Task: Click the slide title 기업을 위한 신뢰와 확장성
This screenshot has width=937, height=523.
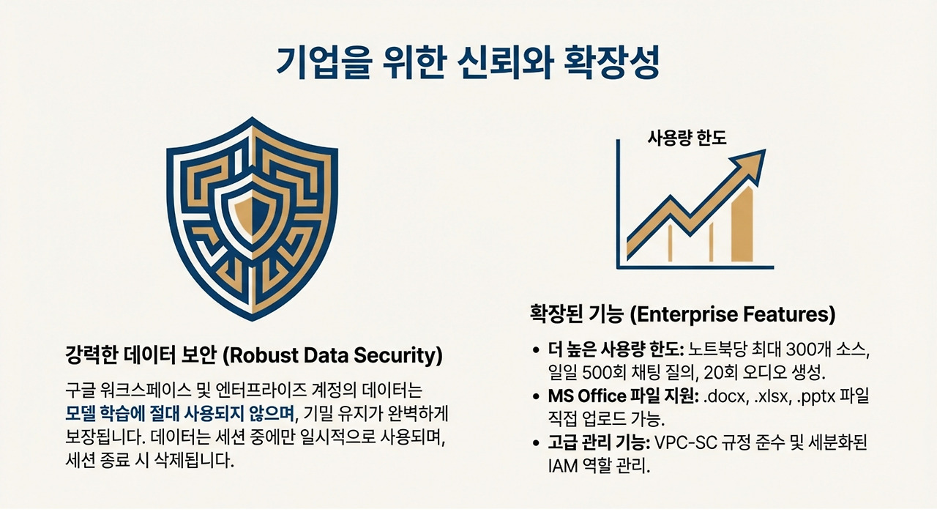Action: pyautogui.click(x=468, y=64)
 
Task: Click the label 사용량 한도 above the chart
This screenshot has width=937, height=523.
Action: pyautogui.click(x=687, y=138)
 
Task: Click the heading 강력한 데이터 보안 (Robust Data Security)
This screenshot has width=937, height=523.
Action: pyautogui.click(x=253, y=357)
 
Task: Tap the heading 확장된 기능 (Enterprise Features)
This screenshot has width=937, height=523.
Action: pyautogui.click(x=682, y=315)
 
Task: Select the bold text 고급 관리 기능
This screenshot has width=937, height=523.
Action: pyautogui.click(x=596, y=443)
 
